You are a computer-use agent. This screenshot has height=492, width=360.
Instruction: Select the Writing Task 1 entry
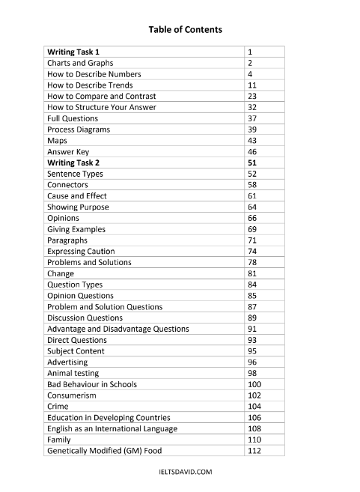(73, 52)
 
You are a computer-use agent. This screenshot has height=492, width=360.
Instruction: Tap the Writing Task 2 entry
(73, 163)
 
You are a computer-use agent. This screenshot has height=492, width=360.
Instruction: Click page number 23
(252, 97)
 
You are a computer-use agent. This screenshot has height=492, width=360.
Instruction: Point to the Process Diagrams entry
(78, 130)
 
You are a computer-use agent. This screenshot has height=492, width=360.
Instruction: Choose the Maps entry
(57, 141)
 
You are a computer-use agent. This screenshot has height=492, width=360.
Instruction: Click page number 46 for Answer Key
(252, 152)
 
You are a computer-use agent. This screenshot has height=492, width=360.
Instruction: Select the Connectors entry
(67, 185)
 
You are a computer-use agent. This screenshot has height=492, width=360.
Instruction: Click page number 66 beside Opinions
(252, 218)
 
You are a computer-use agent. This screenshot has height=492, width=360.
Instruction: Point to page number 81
(252, 273)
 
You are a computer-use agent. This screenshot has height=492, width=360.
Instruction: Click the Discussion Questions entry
(85, 318)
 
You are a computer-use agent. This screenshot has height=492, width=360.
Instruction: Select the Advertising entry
(67, 362)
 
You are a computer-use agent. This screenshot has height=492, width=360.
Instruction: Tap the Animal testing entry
(73, 373)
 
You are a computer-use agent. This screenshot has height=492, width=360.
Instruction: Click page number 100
(254, 384)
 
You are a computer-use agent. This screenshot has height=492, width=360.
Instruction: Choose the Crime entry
(58, 406)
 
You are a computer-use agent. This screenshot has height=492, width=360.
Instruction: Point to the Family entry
(59, 440)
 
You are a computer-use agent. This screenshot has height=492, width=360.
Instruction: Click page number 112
(254, 451)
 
